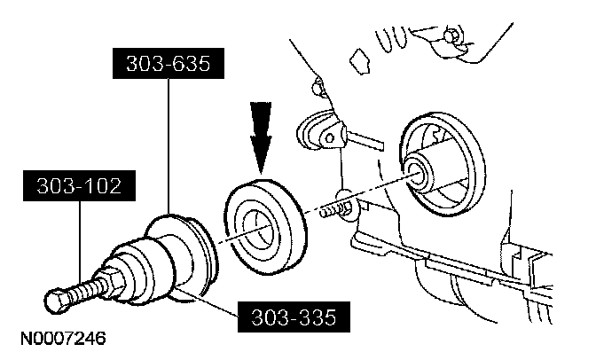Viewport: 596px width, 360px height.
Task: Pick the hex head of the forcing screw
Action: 55,302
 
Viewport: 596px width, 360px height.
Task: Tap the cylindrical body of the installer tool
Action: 142,266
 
